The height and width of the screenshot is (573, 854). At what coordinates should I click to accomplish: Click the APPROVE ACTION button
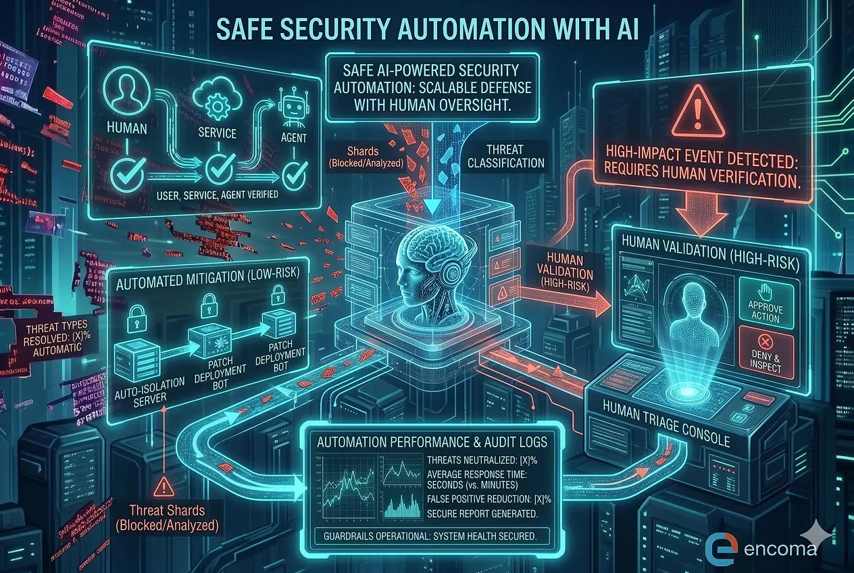pyautogui.click(x=765, y=305)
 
